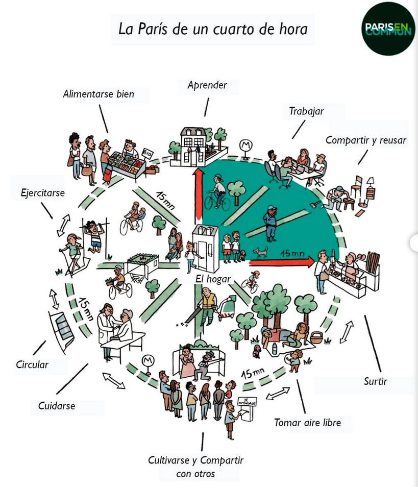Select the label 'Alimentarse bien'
[99, 94]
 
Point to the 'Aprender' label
[207, 85]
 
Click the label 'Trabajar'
[306, 111]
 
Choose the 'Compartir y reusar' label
[366, 139]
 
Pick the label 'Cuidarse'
[57, 406]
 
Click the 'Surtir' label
[375, 381]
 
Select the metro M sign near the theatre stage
[149, 360]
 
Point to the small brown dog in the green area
[260, 252]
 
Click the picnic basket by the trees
[317, 337]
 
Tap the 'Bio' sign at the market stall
[148, 153]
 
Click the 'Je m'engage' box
[248, 402]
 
